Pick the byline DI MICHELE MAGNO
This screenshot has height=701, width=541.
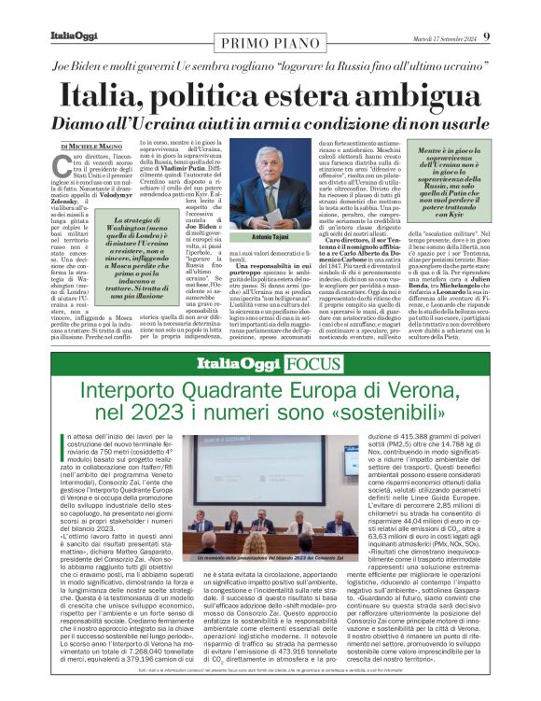[91, 147]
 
